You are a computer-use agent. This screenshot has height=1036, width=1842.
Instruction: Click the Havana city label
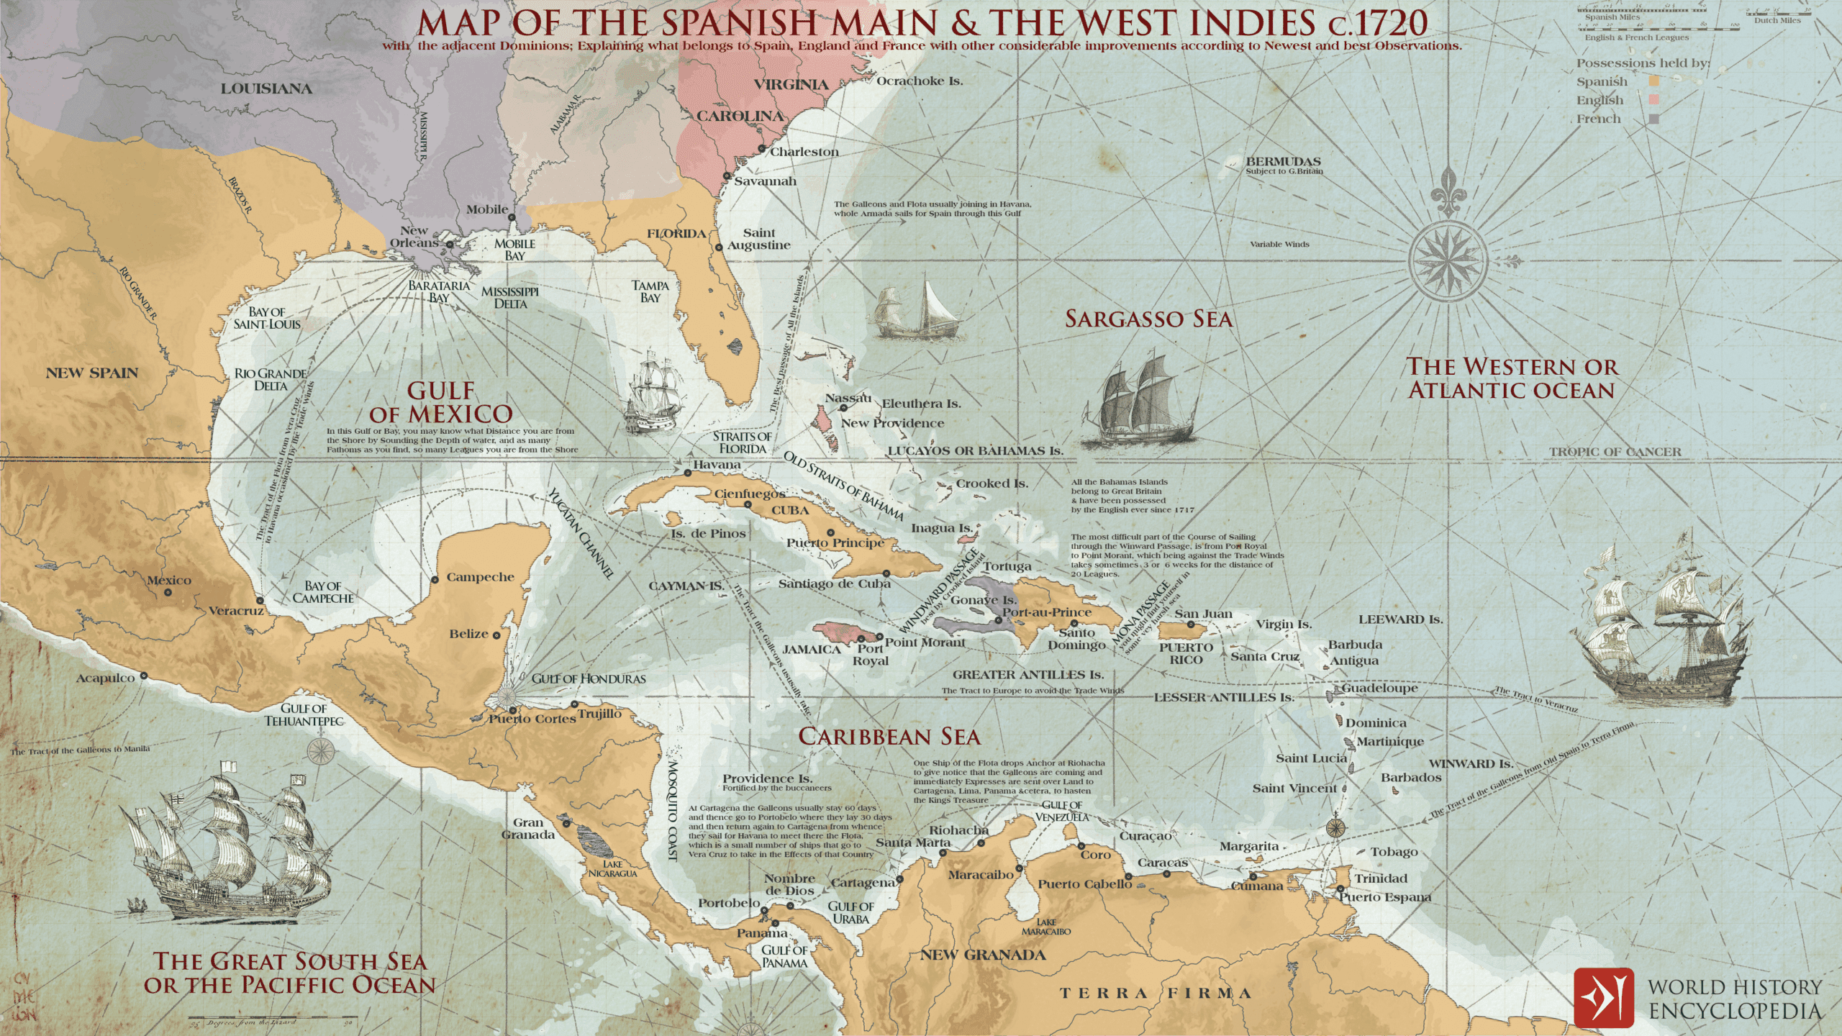tap(716, 465)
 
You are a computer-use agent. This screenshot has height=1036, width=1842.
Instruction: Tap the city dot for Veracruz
tap(260, 600)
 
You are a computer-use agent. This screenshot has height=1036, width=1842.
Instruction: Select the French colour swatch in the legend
tap(1653, 119)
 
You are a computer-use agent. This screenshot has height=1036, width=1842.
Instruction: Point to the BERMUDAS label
tap(1283, 161)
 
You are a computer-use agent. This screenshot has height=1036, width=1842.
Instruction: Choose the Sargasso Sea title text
tap(1148, 319)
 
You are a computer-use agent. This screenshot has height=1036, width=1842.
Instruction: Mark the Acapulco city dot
tap(144, 676)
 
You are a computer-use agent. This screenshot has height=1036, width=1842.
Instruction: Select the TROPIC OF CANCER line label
tap(1615, 452)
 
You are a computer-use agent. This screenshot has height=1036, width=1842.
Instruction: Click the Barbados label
tap(1410, 778)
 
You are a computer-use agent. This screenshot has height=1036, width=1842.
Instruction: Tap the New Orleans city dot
tap(450, 245)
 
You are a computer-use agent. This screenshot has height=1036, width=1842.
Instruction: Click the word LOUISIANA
tap(266, 88)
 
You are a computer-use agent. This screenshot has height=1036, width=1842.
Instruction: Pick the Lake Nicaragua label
tap(612, 868)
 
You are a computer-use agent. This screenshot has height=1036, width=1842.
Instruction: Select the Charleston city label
tap(804, 152)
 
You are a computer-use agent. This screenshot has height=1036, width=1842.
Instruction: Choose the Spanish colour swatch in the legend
tap(1653, 81)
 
